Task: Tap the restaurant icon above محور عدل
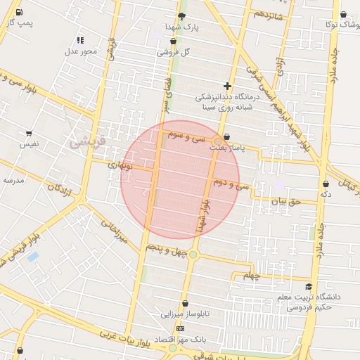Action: tap(79, 40)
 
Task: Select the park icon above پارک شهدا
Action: tap(182, 15)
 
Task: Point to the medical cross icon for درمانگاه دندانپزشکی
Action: tap(227, 85)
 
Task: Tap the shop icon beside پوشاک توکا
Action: tap(343, 14)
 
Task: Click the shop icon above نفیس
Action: tap(29, 133)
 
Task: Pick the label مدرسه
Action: tap(14, 179)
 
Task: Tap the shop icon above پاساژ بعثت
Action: tap(226, 138)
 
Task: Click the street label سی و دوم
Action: tap(233, 184)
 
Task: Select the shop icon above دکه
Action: tap(325, 183)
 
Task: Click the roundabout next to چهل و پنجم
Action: tap(193, 255)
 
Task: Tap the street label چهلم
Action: tap(252, 274)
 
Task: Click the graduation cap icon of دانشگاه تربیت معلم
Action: tap(309, 286)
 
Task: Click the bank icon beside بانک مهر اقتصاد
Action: tap(181, 328)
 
